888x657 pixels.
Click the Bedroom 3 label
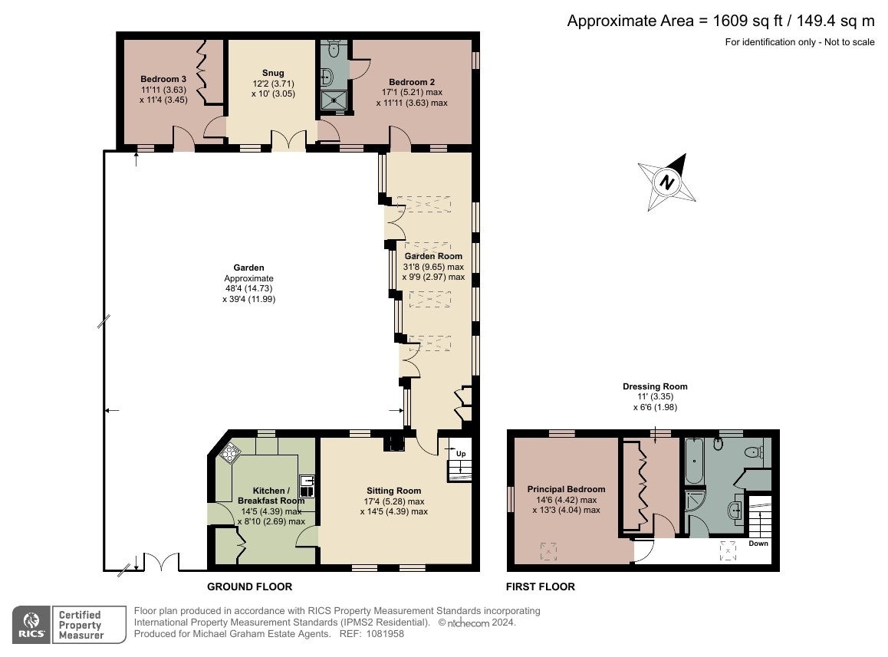coord(163,79)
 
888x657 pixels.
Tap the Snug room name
coord(273,73)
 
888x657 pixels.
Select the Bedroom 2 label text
coord(412,82)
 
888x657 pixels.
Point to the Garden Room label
coord(433,256)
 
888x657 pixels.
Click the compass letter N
coord(667,182)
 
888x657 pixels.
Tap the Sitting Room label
coord(393,491)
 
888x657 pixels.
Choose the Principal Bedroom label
coord(567,489)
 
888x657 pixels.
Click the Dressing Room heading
coord(655,386)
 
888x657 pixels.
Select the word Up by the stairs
coord(461,454)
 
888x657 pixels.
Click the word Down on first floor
coord(758,544)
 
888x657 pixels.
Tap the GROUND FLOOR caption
coord(250,586)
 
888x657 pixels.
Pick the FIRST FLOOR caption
coord(541,586)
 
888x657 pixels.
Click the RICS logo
coord(31,625)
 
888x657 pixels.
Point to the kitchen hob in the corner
coord(229,452)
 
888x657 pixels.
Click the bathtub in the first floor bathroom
coord(694,461)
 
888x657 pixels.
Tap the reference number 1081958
coord(385,634)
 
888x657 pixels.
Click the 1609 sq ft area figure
coord(748,21)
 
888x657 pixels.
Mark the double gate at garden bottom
coord(162,562)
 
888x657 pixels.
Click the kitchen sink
coord(307,486)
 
